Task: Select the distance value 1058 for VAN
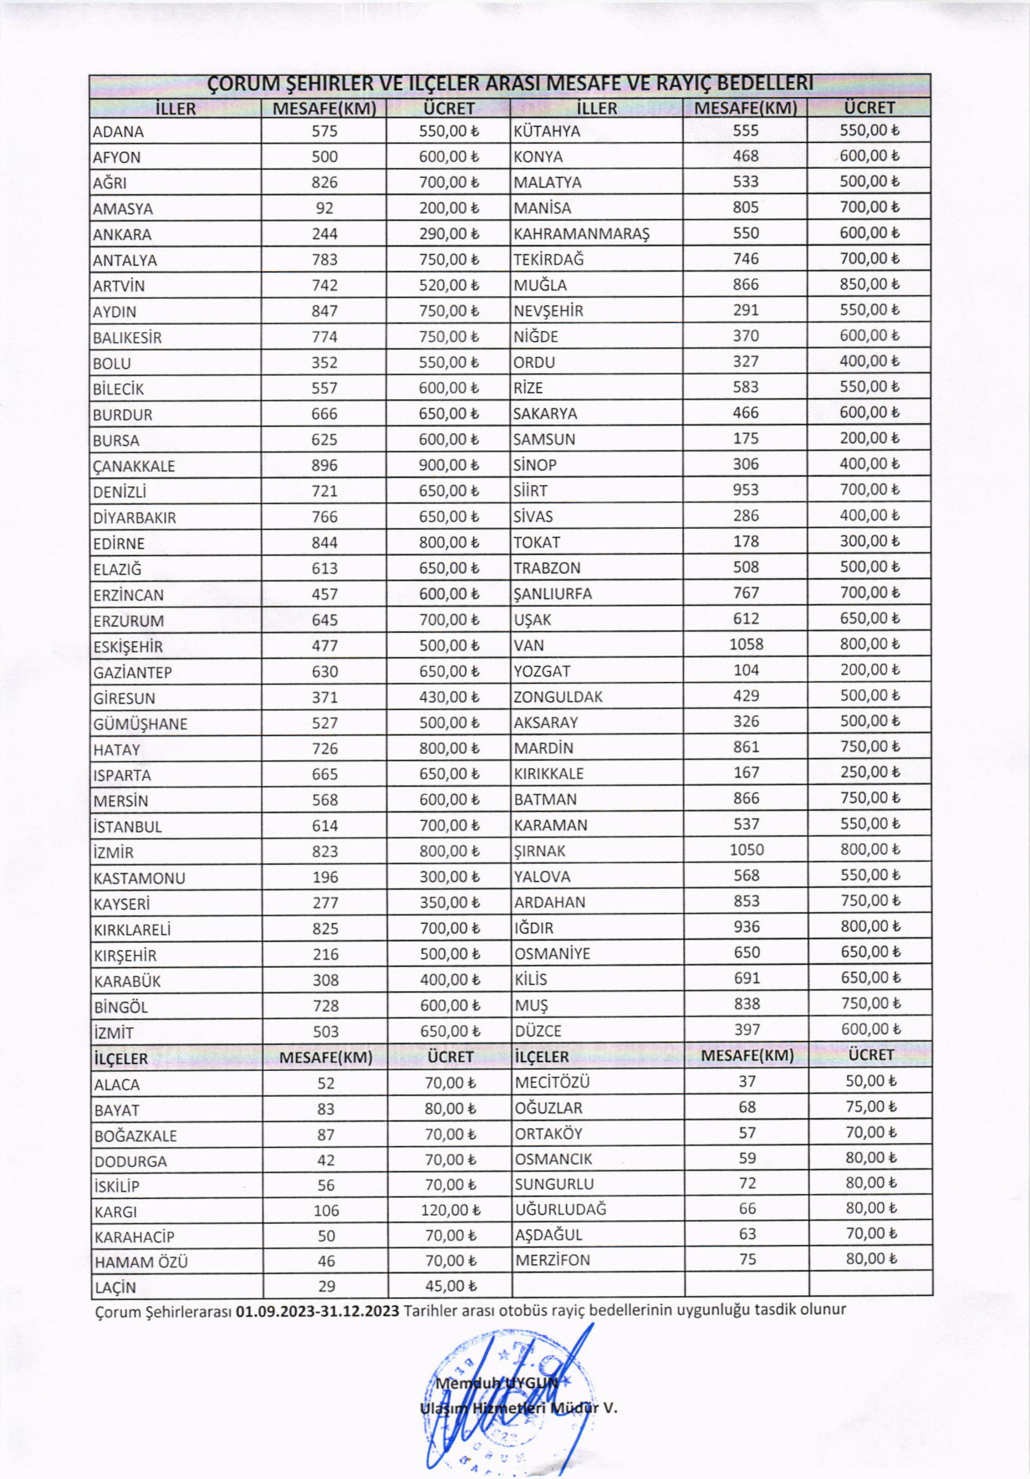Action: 746,644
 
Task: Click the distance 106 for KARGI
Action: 326,1210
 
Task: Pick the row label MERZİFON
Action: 552,1259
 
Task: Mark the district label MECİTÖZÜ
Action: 552,1082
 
